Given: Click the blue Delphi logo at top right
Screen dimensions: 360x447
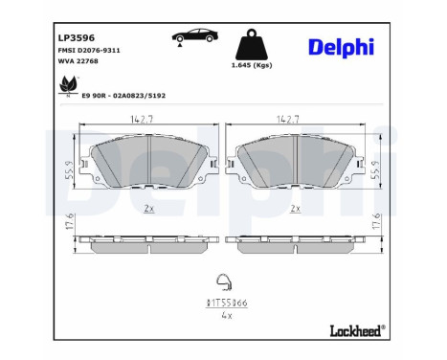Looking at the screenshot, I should [x=341, y=47].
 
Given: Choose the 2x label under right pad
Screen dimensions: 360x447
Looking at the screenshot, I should [x=295, y=208].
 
